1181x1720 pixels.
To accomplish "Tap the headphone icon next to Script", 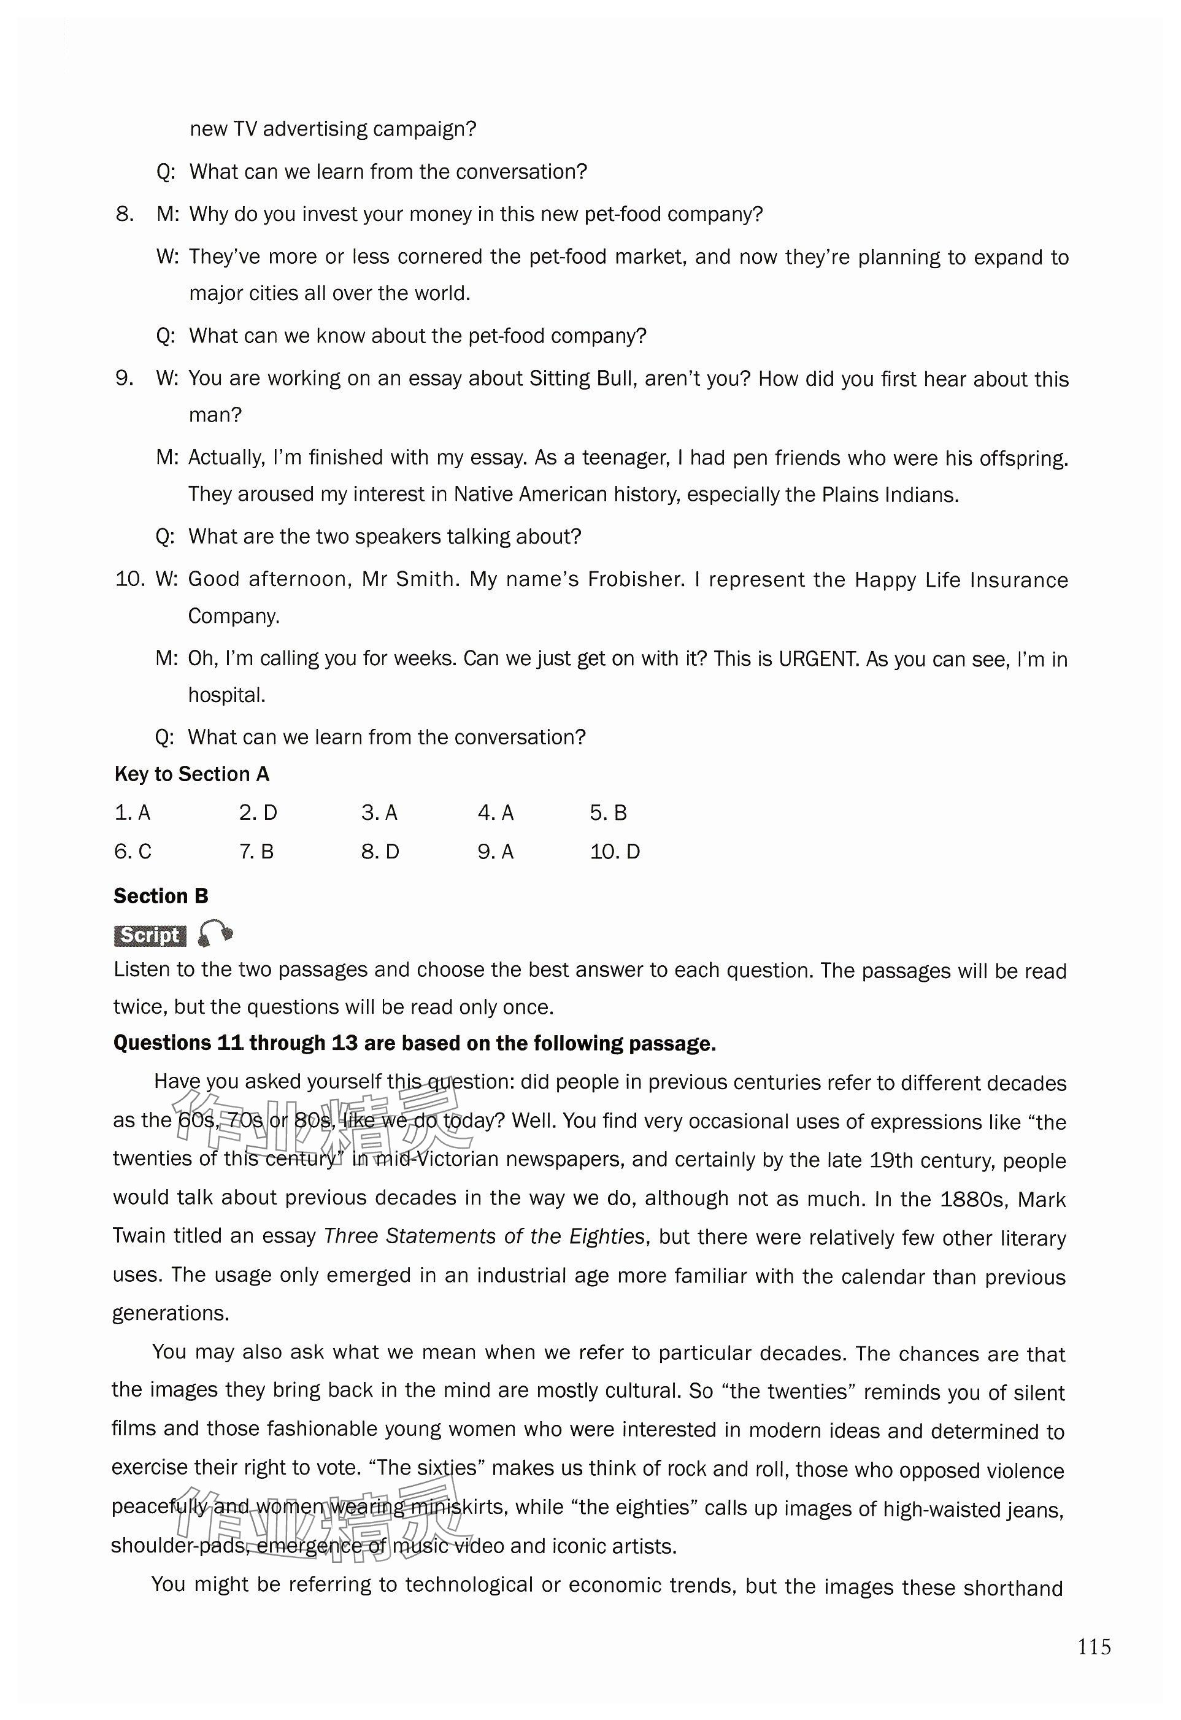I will tap(215, 934).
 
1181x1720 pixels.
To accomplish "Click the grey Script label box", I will tap(150, 936).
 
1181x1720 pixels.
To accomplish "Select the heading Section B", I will tap(161, 897).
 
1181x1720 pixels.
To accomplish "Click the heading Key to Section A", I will tap(191, 774).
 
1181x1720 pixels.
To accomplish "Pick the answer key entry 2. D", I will tap(258, 812).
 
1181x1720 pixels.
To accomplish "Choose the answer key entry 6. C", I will tap(133, 851).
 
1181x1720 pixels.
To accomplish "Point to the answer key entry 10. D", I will tap(615, 851).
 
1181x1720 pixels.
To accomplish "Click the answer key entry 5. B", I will tap(608, 812).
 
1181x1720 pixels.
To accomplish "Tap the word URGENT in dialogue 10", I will tap(817, 658).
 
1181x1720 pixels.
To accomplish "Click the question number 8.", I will tap(125, 214).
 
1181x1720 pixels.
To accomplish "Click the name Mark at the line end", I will tap(1041, 1199).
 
